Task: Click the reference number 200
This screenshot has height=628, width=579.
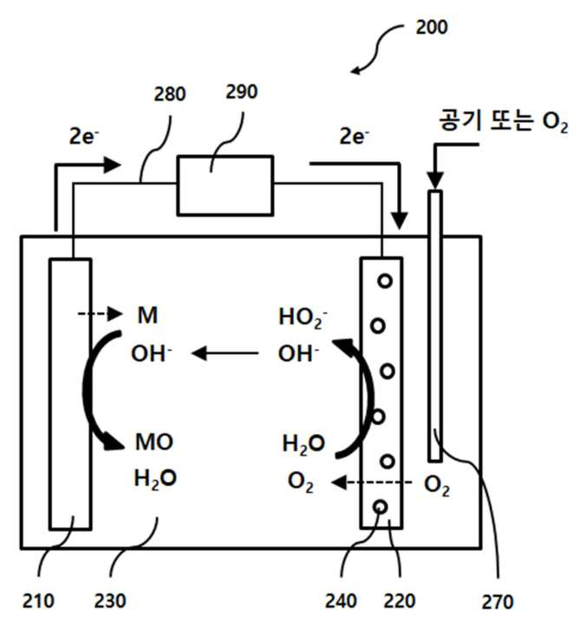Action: click(432, 27)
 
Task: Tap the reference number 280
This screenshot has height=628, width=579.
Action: click(170, 94)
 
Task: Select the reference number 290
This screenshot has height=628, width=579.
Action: click(241, 92)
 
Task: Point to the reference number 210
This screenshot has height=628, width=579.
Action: click(38, 601)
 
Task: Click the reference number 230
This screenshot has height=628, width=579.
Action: click(110, 601)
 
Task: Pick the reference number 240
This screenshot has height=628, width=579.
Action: click(341, 601)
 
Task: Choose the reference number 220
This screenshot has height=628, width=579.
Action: click(400, 601)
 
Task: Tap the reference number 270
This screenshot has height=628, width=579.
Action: click(498, 602)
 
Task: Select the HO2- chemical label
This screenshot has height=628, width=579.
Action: click(303, 318)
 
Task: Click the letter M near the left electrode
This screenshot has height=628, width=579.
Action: click(147, 315)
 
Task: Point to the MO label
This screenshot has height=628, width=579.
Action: click(154, 442)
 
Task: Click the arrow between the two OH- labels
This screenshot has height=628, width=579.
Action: click(225, 353)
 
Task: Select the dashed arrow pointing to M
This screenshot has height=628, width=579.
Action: click(100, 314)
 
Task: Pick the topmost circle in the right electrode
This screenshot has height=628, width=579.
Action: click(385, 282)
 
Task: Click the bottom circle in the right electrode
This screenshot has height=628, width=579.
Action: click(380, 508)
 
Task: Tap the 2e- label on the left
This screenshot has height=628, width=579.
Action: click(84, 137)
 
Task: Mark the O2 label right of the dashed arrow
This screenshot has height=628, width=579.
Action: click(436, 485)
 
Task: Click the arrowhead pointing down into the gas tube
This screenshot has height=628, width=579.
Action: click(435, 179)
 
